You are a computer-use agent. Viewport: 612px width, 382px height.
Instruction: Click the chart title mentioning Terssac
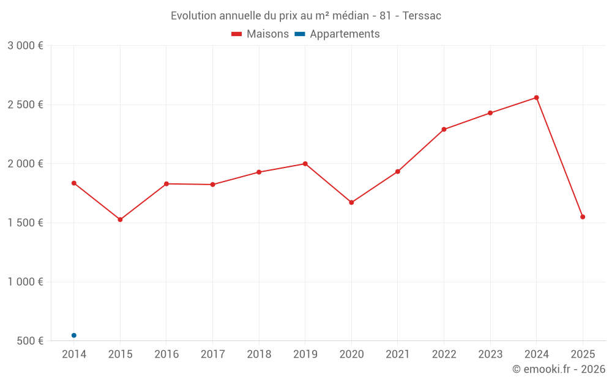pyautogui.click(x=306, y=16)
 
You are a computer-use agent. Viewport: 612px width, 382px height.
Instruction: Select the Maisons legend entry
pyautogui.click(x=260, y=34)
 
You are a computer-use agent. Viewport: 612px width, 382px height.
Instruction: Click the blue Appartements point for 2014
pyautogui.click(x=74, y=336)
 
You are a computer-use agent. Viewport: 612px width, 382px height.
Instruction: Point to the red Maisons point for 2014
pyautogui.click(x=74, y=183)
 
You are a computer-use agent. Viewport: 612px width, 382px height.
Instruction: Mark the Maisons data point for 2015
pyautogui.click(x=120, y=219)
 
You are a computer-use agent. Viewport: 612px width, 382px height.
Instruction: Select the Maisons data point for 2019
pyautogui.click(x=305, y=164)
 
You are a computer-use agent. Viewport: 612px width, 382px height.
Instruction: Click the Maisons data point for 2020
pyautogui.click(x=351, y=202)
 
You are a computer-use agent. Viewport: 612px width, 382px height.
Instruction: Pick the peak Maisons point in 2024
pyautogui.click(x=537, y=98)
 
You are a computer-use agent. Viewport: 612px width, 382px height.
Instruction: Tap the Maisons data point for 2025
pyautogui.click(x=583, y=217)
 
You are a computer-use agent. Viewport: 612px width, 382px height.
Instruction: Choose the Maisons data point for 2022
pyautogui.click(x=444, y=130)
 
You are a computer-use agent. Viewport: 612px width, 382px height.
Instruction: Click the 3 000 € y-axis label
pyautogui.click(x=25, y=46)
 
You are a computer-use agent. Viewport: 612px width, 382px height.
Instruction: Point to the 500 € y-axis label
pyautogui.click(x=29, y=341)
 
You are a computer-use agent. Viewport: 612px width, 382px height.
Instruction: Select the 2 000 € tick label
pyautogui.click(x=25, y=164)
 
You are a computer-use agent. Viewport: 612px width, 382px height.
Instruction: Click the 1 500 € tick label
pyautogui.click(x=25, y=223)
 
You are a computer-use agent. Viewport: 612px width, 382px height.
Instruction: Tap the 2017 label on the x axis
pyautogui.click(x=212, y=354)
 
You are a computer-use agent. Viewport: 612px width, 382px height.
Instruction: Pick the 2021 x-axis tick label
pyautogui.click(x=398, y=354)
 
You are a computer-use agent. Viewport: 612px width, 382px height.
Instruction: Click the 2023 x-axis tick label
pyautogui.click(x=490, y=354)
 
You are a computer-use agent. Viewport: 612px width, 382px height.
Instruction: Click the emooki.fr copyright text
pyautogui.click(x=558, y=369)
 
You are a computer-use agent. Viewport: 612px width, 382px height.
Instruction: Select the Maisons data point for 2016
pyautogui.click(x=166, y=184)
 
